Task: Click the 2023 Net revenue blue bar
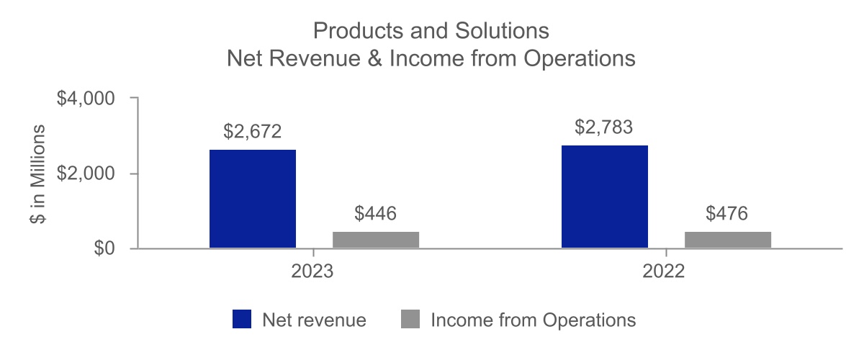(252, 199)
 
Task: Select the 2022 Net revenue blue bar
(605, 197)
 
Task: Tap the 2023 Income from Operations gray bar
(375, 240)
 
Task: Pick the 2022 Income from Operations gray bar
(727, 240)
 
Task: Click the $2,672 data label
(252, 132)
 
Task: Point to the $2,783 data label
(604, 127)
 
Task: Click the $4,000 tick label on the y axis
(86, 98)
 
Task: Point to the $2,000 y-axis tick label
(86, 174)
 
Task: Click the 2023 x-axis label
(313, 273)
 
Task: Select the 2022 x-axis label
(665, 273)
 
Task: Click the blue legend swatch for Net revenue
(242, 320)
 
